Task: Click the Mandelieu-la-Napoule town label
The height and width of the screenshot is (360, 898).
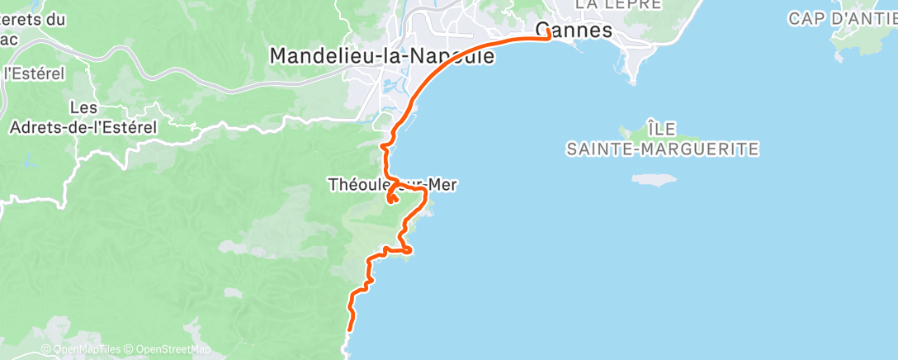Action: click(382, 56)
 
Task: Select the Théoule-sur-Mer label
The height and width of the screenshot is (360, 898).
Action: click(392, 185)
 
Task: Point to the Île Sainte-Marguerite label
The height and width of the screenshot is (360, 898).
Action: click(662, 139)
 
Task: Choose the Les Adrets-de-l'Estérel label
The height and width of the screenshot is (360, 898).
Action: click(83, 117)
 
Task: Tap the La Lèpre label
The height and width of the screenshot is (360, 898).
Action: click(618, 4)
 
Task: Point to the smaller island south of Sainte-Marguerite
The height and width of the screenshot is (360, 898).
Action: click(655, 178)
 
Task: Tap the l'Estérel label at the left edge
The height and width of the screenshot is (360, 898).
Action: click(34, 73)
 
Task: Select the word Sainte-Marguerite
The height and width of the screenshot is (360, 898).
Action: click(662, 149)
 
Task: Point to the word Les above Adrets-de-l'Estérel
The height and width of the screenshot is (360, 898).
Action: click(83, 107)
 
